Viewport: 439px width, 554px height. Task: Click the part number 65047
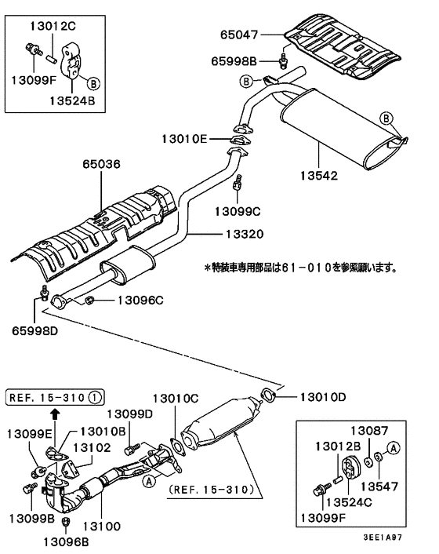[238, 35]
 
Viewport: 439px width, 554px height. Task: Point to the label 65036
[102, 165]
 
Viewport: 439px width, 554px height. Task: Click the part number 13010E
[184, 139]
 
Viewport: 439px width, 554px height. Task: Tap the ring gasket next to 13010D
[267, 394]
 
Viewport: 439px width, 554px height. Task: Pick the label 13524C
[352, 502]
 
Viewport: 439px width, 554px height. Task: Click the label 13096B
[66, 541]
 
